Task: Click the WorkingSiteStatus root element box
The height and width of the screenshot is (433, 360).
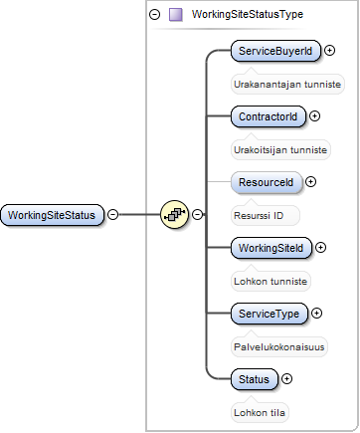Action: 52,215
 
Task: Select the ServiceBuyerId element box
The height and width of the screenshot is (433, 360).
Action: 275,51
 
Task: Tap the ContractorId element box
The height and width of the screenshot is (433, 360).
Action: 269,116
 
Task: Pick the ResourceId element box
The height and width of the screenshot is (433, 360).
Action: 267,182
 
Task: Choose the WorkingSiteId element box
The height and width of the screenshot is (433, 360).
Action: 271,248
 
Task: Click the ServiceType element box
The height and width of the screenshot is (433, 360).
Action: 270,314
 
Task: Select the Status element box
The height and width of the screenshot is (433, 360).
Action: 255,379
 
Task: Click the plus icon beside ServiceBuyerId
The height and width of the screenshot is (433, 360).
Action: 329,50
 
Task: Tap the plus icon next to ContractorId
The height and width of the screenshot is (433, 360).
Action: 314,115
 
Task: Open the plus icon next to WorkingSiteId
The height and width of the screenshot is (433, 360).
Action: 320,247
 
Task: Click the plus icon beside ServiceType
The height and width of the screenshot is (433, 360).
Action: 316,313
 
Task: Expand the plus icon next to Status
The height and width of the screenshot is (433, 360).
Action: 286,378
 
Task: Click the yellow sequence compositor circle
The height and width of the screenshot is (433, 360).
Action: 174,214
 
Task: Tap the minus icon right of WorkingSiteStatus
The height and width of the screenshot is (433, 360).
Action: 113,214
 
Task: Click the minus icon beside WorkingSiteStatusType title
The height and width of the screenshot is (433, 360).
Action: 154,14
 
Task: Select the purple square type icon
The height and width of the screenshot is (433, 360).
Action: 176,15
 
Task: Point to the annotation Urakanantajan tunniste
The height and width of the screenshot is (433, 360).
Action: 287,85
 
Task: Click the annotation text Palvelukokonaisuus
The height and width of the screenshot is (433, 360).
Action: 279,347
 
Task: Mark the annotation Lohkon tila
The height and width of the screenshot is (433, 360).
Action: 260,413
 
